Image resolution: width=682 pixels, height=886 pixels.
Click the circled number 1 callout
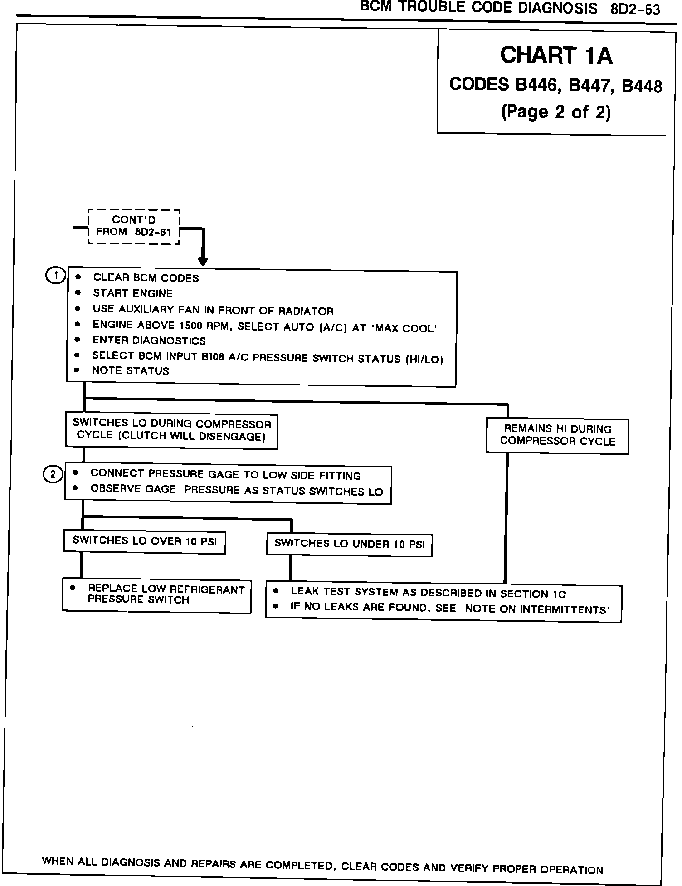click(56, 276)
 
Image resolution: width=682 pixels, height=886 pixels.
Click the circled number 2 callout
click(53, 474)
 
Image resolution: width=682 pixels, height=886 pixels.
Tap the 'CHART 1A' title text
click(556, 56)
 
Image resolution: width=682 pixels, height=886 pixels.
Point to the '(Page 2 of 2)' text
click(555, 112)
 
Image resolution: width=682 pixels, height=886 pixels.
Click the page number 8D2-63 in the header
click(635, 9)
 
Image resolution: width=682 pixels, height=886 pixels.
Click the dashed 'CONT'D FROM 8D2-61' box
click(134, 227)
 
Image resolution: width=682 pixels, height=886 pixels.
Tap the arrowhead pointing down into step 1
click(203, 262)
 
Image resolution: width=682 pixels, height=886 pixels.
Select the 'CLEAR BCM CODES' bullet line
click(146, 278)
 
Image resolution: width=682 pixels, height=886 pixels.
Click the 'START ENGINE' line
click(132, 293)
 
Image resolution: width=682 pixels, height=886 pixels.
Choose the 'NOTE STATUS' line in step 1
click(130, 371)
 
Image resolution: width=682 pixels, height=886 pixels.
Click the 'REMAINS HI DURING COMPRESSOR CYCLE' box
click(557, 436)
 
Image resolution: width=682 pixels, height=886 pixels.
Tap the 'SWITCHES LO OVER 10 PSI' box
click(144, 541)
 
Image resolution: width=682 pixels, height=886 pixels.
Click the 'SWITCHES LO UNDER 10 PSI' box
click(349, 545)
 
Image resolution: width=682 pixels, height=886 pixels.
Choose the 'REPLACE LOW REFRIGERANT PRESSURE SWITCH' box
click(156, 595)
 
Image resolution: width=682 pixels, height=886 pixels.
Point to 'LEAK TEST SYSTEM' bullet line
click(428, 593)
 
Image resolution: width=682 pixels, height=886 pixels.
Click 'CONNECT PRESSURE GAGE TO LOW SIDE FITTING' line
click(225, 474)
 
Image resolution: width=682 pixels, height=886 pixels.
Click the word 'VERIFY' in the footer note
click(469, 868)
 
